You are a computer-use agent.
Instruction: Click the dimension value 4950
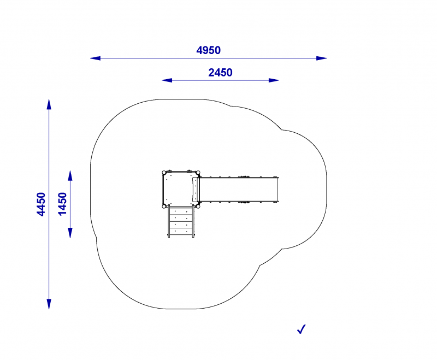click(209, 50)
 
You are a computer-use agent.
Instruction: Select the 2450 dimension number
click(220, 73)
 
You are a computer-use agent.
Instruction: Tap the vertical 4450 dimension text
click(41, 204)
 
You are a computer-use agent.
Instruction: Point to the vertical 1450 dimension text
click(62, 204)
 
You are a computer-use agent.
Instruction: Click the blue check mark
click(302, 329)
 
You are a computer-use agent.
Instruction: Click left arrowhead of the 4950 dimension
click(95, 58)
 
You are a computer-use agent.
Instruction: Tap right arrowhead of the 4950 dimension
click(322, 58)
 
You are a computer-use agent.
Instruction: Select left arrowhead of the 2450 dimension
click(167, 80)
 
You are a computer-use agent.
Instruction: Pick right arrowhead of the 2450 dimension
click(274, 80)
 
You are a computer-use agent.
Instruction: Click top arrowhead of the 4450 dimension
click(49, 104)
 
